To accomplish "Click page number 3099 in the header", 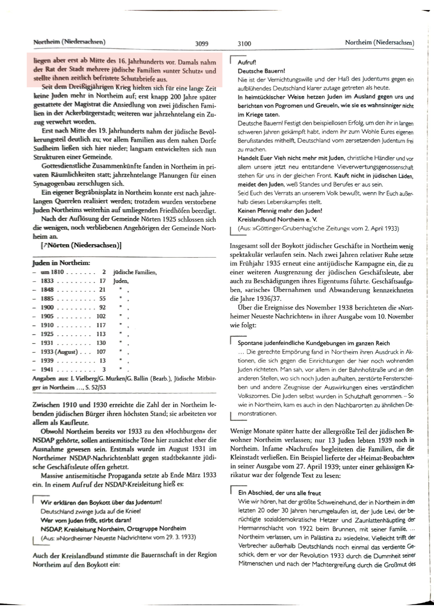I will (x=201, y=43).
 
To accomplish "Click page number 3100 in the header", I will (x=244, y=43).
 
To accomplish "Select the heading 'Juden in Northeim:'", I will (x=61, y=263).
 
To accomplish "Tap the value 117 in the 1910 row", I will (x=101, y=325).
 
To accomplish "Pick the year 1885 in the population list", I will (x=47, y=299).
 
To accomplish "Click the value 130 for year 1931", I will (x=101, y=343).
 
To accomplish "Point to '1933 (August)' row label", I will (x=59, y=352).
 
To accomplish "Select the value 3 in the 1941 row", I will (x=104, y=369).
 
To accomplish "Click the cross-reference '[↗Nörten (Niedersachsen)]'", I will (x=81, y=245).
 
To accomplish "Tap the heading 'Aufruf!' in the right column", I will (x=247, y=62).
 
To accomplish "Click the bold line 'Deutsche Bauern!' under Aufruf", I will (x=261, y=71).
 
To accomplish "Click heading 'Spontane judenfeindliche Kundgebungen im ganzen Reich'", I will (x=314, y=343).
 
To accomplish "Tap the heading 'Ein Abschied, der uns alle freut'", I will (x=279, y=493).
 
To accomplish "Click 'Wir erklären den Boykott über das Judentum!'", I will (x=101, y=502).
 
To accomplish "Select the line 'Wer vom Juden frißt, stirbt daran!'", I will (x=86, y=520).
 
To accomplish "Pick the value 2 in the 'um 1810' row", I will (x=104, y=272).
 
